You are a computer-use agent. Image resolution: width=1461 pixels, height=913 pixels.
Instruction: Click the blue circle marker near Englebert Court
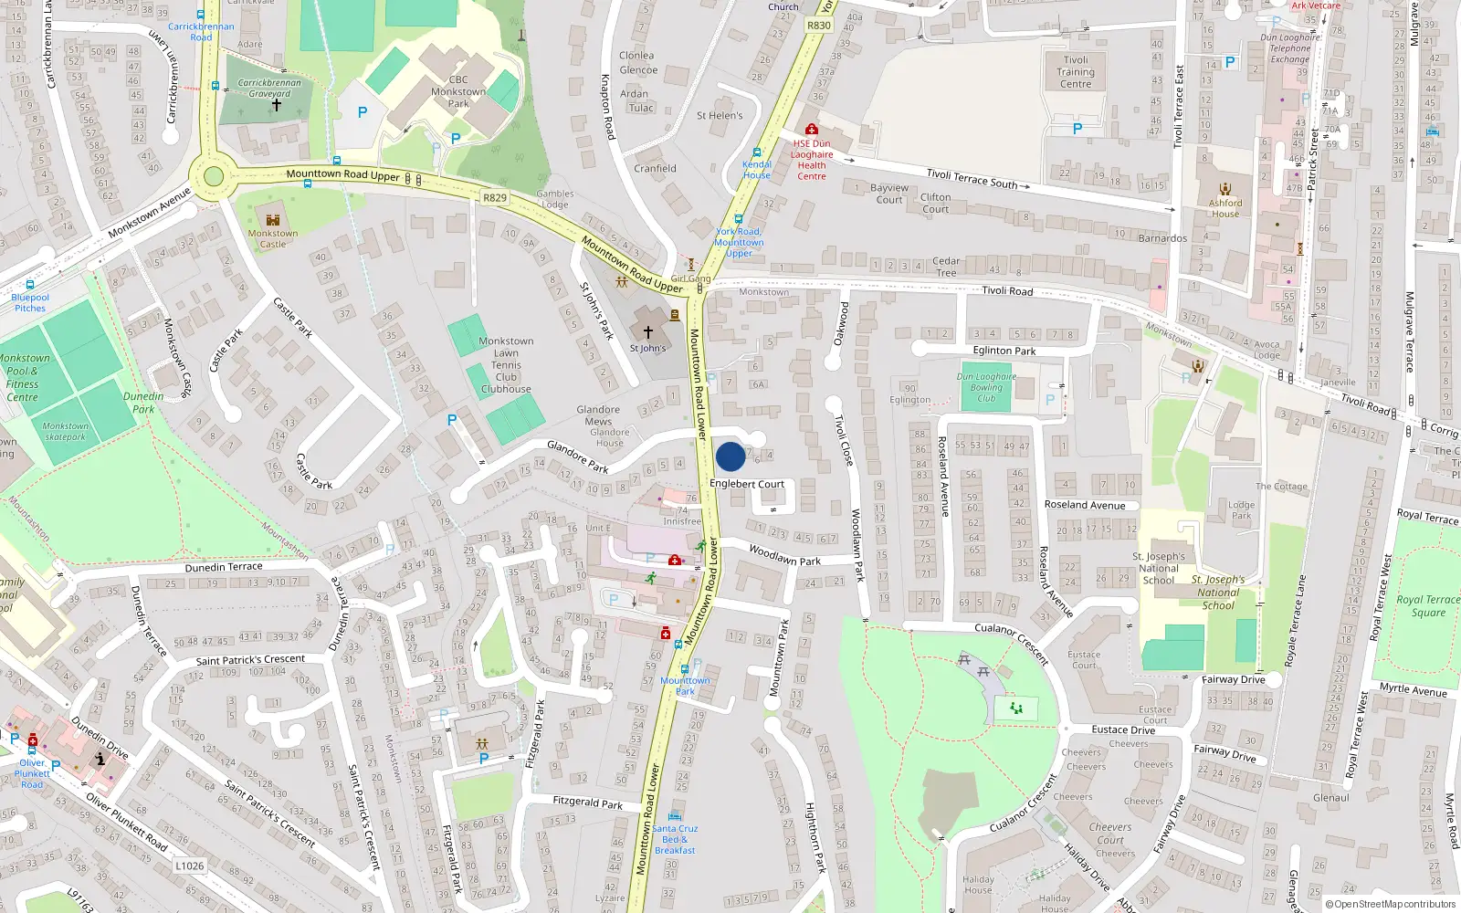click(x=730, y=456)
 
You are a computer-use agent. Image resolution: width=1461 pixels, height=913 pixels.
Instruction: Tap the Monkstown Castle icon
click(x=272, y=219)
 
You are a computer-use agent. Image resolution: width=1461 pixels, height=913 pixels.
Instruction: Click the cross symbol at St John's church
click(x=648, y=333)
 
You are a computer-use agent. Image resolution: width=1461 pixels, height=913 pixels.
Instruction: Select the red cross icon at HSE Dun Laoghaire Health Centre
click(x=812, y=130)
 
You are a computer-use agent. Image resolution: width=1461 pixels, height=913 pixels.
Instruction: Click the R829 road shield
click(x=494, y=197)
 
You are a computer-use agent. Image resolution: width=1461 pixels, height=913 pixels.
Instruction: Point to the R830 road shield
click(x=819, y=26)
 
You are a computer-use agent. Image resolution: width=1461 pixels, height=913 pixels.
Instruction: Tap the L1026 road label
click(x=189, y=866)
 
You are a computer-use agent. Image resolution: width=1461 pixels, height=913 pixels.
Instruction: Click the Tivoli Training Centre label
click(x=1076, y=72)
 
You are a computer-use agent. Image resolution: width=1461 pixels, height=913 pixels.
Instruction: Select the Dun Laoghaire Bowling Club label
click(x=986, y=387)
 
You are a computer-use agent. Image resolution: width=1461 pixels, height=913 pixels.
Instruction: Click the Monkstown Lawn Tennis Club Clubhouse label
click(x=506, y=365)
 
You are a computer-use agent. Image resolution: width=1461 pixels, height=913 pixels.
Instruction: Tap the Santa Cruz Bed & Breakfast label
click(x=675, y=839)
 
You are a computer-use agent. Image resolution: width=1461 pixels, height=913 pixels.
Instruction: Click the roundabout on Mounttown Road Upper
click(x=214, y=176)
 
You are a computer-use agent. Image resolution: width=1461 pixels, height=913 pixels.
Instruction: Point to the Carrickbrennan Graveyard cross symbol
click(x=276, y=106)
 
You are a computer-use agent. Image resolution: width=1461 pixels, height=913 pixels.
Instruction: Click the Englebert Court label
click(x=747, y=484)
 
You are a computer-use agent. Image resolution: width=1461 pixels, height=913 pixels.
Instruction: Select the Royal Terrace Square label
click(x=1428, y=606)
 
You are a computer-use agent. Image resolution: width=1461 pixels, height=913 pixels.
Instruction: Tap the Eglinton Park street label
click(x=1004, y=351)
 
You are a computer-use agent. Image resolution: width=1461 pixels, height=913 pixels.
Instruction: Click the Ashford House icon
click(x=1225, y=189)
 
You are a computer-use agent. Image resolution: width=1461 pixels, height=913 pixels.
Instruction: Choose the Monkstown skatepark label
click(x=66, y=431)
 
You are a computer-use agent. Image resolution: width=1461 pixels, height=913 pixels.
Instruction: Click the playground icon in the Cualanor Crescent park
click(x=1015, y=708)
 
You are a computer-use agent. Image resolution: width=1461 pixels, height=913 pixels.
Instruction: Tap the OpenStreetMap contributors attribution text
click(x=1390, y=905)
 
